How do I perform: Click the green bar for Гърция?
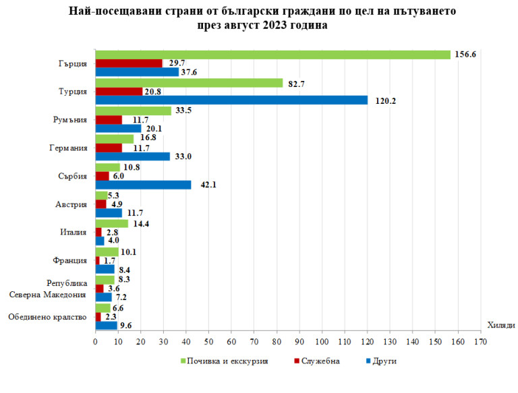[272, 55]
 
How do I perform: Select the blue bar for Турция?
[231, 100]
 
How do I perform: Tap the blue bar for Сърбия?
[143, 185]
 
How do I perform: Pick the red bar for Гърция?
[129, 63]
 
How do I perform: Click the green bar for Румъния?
[134, 111]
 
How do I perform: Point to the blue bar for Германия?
[133, 156]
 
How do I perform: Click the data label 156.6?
[465, 55]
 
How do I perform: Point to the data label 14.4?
[142, 223]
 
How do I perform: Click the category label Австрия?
[70, 205]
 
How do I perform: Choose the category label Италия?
[73, 233]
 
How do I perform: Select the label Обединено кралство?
[47, 317]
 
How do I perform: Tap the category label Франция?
[70, 261]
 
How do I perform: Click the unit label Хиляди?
[500, 325]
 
